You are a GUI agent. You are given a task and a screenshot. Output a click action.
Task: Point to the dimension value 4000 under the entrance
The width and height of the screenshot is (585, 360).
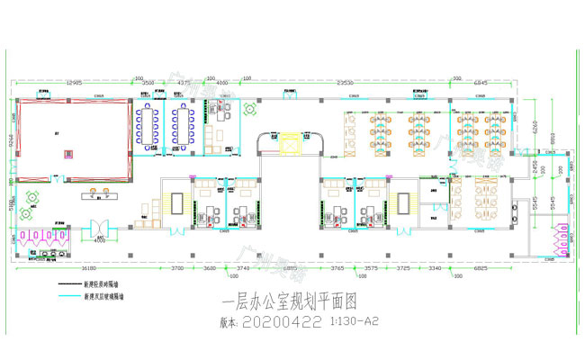tap(100, 240)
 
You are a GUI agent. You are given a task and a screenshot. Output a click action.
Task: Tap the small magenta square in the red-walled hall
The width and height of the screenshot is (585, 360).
tap(66, 156)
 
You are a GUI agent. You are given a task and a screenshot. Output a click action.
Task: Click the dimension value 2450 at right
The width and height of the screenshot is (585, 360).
tap(533, 168)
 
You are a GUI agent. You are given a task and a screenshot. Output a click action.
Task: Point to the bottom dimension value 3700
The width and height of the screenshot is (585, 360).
tap(176, 267)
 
